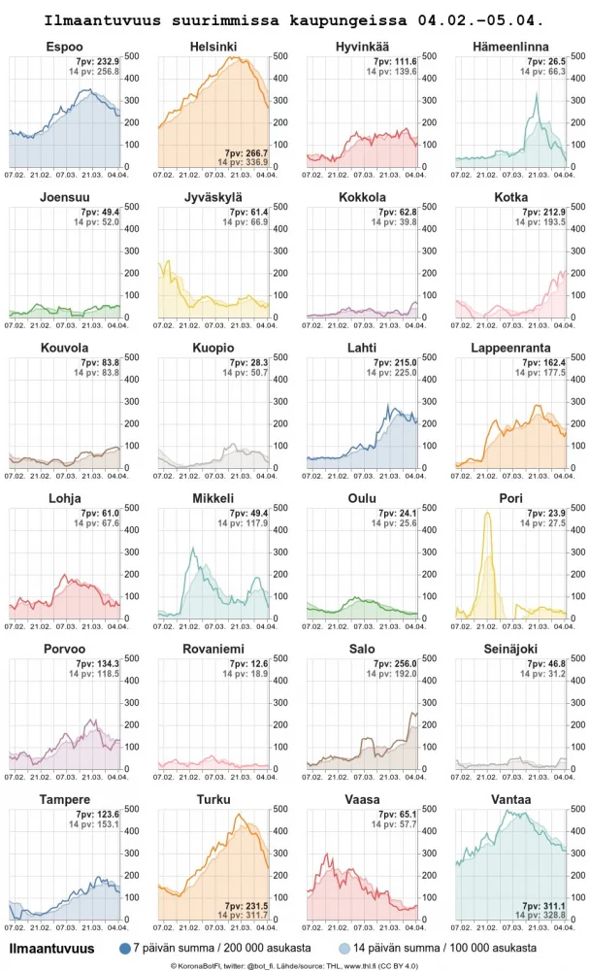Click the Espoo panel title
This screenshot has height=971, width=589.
pyautogui.click(x=64, y=48)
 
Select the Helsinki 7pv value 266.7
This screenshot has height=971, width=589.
pyautogui.click(x=245, y=152)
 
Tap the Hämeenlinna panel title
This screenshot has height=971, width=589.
pyautogui.click(x=510, y=48)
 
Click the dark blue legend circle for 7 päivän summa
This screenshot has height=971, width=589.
pyautogui.click(x=124, y=949)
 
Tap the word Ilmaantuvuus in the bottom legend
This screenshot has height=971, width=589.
pyautogui.click(x=51, y=949)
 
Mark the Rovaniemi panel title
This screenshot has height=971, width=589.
pyautogui.click(x=213, y=649)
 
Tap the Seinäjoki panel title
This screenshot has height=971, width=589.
pyautogui.click(x=510, y=649)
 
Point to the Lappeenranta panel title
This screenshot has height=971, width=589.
pyautogui.click(x=510, y=348)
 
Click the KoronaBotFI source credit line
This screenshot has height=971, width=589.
pyautogui.click(x=294, y=965)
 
